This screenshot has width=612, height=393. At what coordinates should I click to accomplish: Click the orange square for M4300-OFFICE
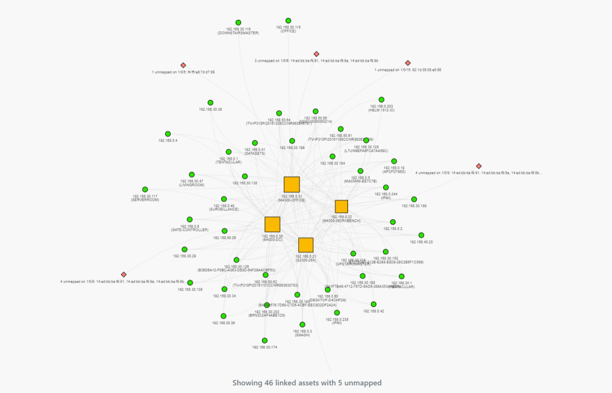[291, 185]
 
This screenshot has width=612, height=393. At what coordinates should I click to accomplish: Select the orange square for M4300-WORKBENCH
[341, 206]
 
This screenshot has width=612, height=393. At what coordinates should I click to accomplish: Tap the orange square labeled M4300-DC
[272, 224]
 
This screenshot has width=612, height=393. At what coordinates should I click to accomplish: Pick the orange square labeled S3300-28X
[306, 245]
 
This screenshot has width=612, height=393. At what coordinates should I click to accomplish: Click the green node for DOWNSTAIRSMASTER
[238, 22]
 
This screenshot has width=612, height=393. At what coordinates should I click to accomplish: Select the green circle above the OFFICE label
[288, 20]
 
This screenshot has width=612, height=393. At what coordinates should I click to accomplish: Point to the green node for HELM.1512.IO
[381, 100]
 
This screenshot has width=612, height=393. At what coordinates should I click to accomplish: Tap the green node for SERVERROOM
[145, 189]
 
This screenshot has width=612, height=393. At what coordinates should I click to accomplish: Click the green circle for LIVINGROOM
[191, 175]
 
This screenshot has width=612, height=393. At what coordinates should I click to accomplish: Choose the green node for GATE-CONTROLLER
[189, 219]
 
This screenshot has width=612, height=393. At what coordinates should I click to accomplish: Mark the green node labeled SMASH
[302, 324]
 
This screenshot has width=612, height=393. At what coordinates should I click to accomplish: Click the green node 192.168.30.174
[265, 340]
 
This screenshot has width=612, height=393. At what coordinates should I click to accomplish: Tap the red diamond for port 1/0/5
[183, 65]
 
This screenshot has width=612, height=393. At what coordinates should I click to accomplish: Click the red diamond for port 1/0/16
[408, 63]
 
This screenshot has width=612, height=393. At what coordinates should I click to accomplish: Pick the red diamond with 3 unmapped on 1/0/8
[316, 54]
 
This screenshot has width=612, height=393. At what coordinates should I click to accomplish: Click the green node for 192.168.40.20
[421, 235]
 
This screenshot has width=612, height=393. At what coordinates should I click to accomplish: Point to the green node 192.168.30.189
[414, 199]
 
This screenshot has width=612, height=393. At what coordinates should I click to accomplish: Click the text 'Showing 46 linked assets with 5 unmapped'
[306, 382]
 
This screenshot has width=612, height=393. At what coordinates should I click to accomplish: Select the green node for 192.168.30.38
[210, 103]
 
